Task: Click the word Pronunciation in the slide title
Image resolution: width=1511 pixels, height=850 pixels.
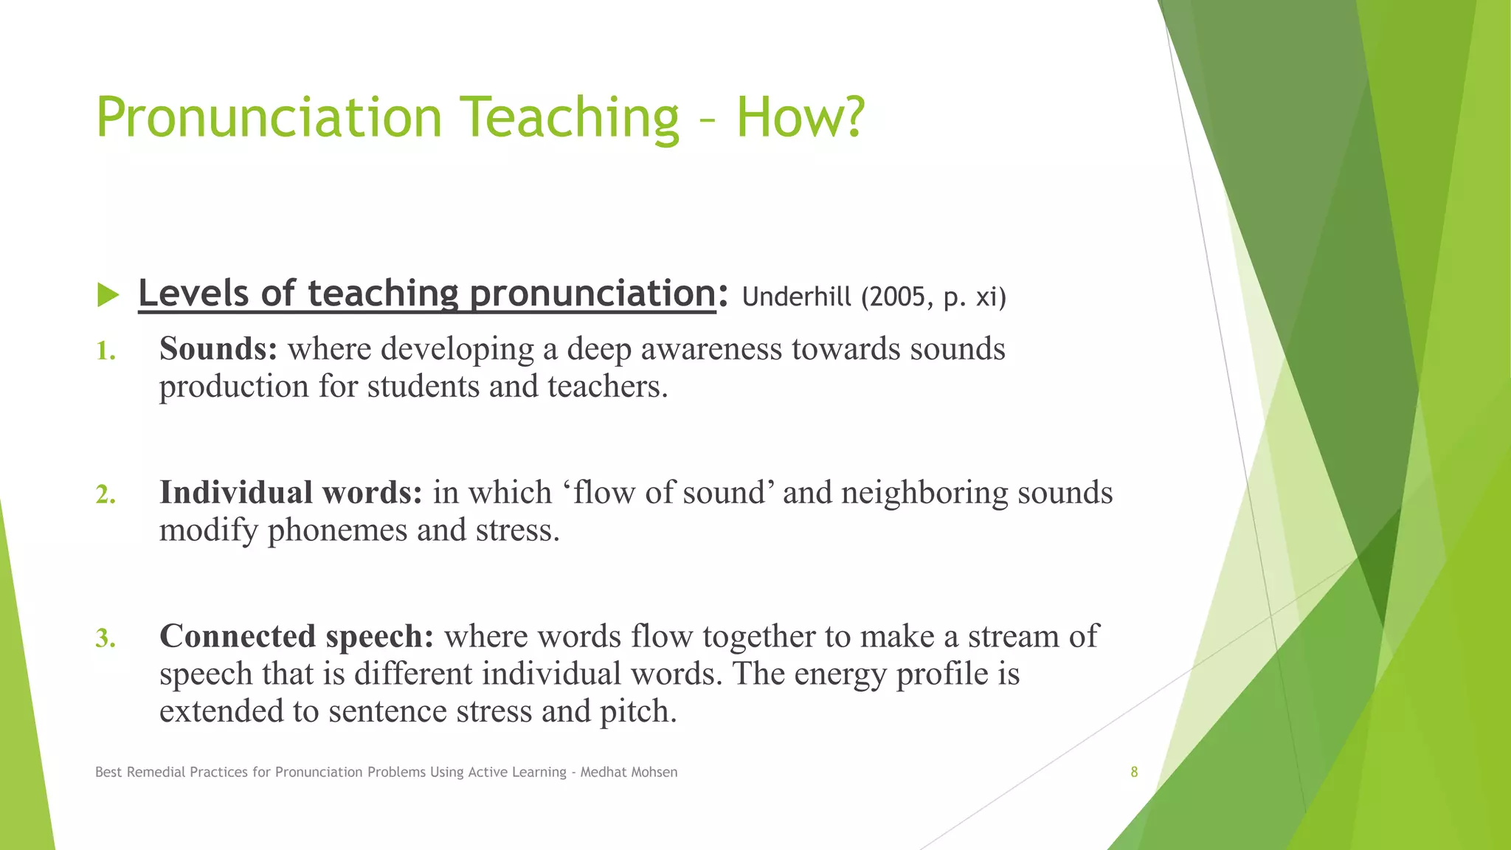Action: coord(269,118)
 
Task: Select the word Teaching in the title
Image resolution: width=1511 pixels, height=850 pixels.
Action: coord(569,118)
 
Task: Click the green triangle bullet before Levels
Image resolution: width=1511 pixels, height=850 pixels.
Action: coord(108,295)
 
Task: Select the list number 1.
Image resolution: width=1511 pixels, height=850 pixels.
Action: coord(106,351)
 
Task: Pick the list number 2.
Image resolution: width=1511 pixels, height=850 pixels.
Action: coord(106,494)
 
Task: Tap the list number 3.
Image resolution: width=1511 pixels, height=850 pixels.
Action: coord(106,638)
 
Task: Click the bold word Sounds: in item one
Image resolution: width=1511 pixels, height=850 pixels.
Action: coord(218,349)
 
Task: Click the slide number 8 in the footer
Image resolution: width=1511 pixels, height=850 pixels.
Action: coord(1134,773)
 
